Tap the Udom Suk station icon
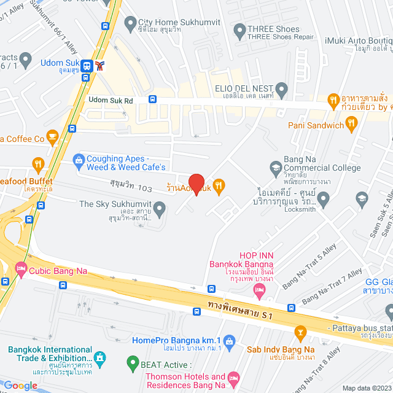[x=87, y=66]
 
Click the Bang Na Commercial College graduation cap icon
[x=276, y=166]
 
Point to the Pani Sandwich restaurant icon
[x=351, y=125]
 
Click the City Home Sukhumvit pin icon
[x=130, y=24]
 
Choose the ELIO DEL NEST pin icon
[x=282, y=89]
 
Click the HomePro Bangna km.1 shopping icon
[x=229, y=340]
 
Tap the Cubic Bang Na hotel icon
[x=21, y=268]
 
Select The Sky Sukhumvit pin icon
[x=159, y=210]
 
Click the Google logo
[x=20, y=385]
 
